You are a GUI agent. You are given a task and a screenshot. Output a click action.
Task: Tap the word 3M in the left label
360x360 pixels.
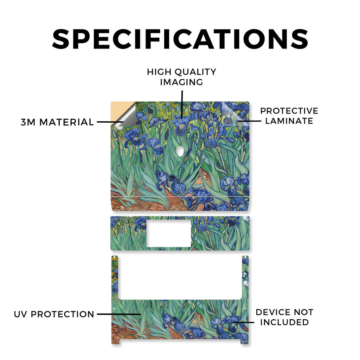28,122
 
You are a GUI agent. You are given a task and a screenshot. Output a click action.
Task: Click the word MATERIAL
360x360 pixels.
66,122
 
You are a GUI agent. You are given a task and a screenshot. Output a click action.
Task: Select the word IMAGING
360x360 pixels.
181,82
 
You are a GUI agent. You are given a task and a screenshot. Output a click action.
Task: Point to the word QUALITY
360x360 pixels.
195,72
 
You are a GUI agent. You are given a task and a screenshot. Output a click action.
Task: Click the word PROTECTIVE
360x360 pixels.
289,111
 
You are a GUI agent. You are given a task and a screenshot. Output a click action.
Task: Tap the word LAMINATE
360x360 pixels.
289,121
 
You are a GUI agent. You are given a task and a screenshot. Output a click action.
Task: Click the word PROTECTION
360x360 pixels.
63,314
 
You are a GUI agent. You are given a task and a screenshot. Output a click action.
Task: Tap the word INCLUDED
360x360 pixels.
284,322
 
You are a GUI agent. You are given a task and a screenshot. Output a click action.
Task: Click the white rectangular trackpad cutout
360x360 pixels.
169,233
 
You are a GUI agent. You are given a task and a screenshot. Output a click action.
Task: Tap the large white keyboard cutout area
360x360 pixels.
180,278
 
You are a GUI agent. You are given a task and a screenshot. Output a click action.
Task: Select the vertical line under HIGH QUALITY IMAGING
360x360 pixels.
182,104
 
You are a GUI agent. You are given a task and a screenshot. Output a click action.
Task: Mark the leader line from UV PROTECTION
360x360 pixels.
119,314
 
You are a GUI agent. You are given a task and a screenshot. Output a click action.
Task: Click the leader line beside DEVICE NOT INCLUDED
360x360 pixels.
244,322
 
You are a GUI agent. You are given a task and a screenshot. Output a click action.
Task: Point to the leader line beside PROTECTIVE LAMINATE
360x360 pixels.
250,121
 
